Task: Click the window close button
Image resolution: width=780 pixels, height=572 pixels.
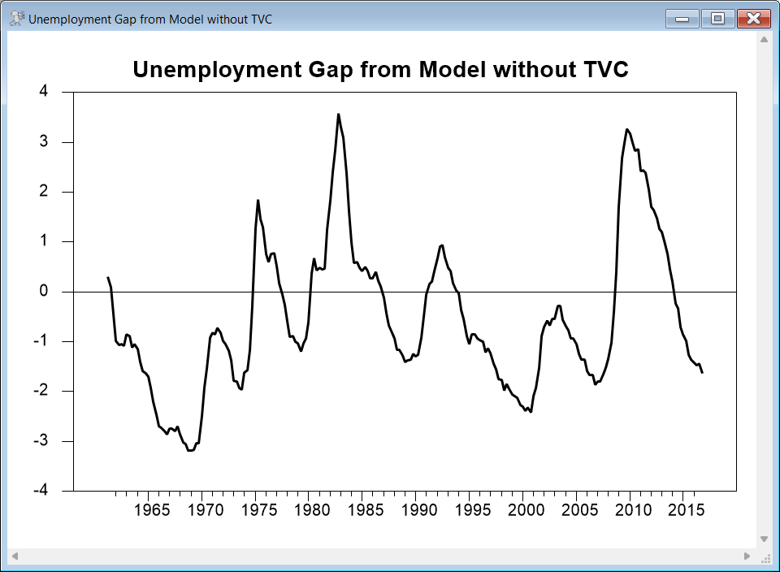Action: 753,18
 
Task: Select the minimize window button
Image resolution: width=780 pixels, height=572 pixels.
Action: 682,18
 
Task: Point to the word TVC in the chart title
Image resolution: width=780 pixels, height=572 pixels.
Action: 606,70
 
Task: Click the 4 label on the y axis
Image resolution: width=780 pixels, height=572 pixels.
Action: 44,92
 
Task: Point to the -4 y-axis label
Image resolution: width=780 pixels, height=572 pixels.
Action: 41,491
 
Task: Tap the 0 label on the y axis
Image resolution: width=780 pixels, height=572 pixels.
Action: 44,292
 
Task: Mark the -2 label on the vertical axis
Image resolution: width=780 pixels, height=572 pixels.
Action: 41,391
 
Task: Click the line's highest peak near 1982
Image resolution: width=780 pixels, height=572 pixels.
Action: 338,115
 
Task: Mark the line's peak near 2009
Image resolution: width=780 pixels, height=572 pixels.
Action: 626,129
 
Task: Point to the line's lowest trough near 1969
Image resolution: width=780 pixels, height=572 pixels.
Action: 190,450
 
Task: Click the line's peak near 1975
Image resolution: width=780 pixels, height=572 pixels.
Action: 258,201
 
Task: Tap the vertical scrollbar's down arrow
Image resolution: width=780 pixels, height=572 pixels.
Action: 763,538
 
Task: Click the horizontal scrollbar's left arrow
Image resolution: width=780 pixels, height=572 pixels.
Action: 14,557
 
